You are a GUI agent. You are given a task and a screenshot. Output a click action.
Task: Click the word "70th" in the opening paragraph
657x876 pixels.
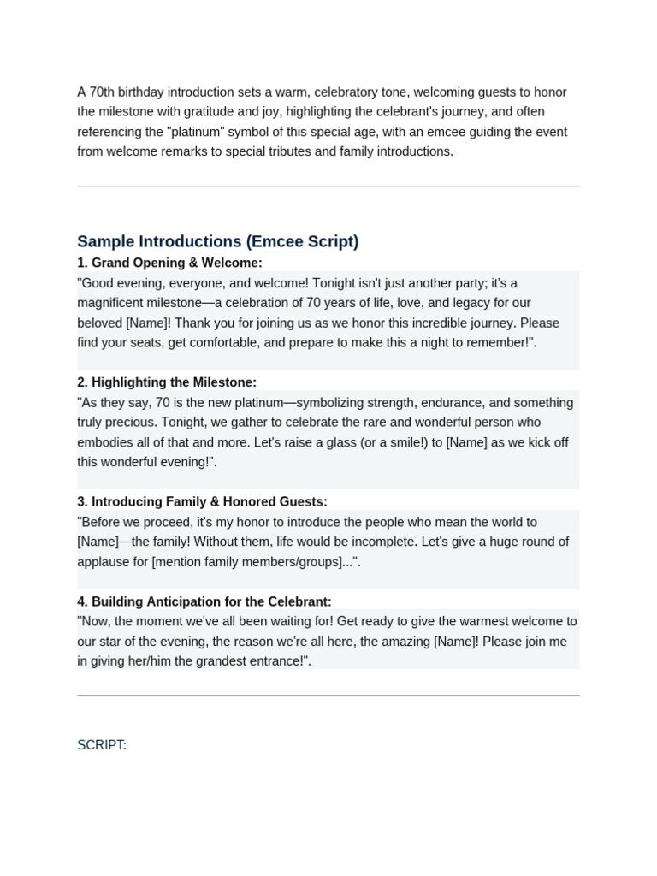tap(104, 92)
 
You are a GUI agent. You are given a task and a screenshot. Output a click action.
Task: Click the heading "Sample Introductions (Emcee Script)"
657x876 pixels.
tap(217, 241)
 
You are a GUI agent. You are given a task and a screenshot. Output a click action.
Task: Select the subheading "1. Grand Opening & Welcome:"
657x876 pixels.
tap(169, 263)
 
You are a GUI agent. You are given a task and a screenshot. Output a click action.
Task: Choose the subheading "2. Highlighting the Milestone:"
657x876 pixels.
tap(167, 382)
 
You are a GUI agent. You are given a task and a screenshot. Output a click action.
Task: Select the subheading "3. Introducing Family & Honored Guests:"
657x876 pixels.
tap(202, 502)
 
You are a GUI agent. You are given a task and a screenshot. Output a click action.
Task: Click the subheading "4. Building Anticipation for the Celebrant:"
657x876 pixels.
tap(204, 601)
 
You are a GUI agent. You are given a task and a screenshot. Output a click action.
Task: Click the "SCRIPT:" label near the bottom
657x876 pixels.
tap(102, 745)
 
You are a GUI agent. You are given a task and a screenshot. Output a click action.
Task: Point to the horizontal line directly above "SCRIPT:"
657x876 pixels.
tap(328, 695)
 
